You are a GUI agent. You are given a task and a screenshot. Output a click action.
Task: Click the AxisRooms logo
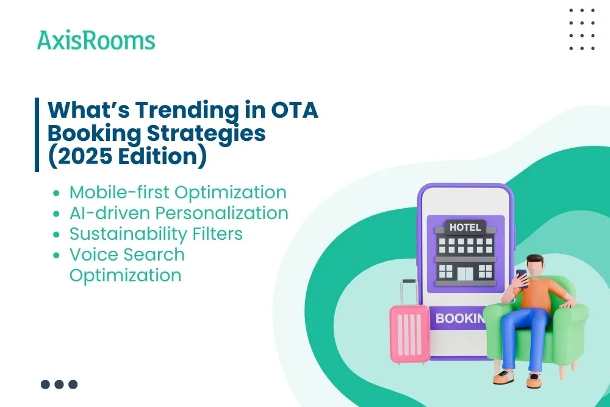[96, 40]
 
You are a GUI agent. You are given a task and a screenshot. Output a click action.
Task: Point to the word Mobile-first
[120, 192]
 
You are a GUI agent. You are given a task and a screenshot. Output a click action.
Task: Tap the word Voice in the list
[92, 254]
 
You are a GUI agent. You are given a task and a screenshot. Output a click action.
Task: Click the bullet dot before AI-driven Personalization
[57, 214]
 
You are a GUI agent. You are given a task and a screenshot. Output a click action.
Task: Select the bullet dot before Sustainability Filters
[57, 234]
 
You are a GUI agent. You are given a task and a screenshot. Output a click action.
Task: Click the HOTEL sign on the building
[465, 227]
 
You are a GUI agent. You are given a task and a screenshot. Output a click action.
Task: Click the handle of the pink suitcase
[409, 292]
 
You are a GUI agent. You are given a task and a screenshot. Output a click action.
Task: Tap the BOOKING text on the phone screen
[460, 319]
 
